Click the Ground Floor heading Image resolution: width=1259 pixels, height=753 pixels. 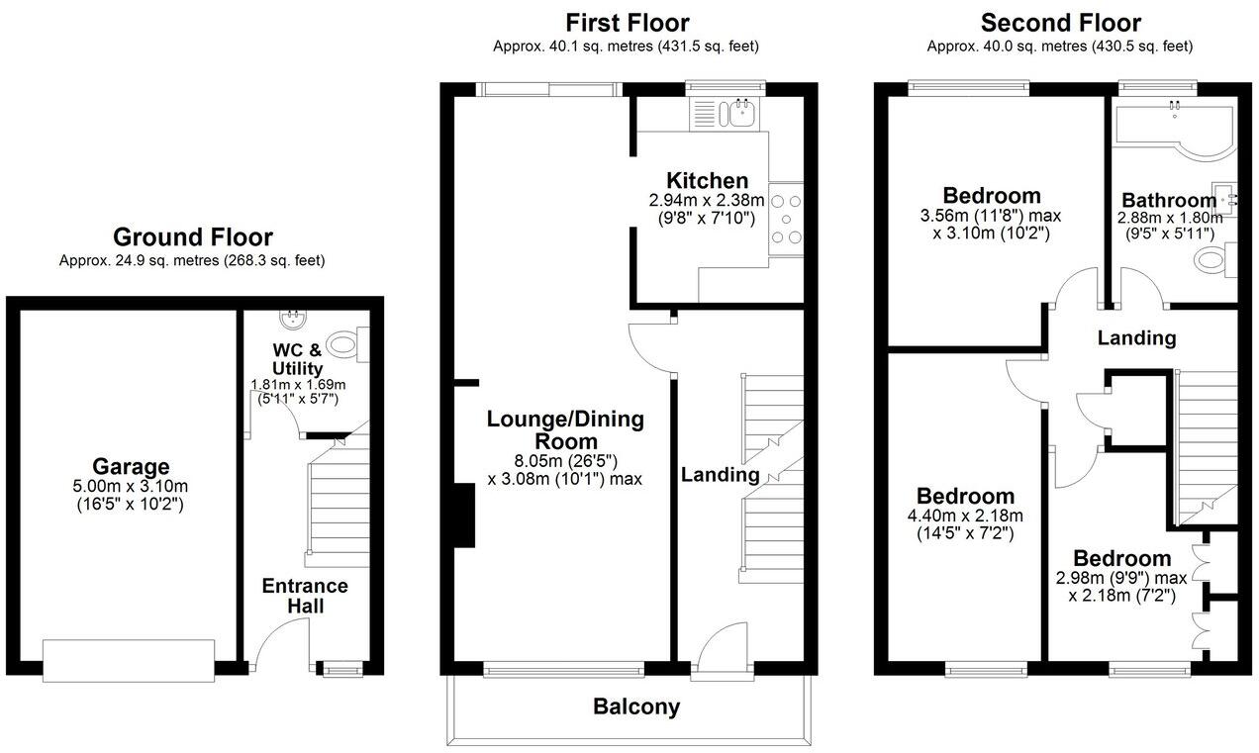192,237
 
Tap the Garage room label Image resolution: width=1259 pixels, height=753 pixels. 131,466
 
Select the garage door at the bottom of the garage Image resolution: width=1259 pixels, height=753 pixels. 129,660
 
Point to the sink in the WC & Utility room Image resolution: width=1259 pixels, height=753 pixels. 292,319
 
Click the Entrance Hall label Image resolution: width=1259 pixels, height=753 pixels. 305,595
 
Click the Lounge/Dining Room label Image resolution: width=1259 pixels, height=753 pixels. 565,429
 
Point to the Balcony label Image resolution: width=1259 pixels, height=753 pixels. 636,706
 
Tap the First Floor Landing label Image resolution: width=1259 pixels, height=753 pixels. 720,475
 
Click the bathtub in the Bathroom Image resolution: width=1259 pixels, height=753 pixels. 1173,127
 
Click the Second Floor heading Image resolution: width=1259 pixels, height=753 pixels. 1060,23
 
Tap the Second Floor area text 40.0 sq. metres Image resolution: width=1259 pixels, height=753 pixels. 1060,47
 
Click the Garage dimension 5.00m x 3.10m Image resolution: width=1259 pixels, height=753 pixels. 131,486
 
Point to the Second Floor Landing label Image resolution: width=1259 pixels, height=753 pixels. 1137,338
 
